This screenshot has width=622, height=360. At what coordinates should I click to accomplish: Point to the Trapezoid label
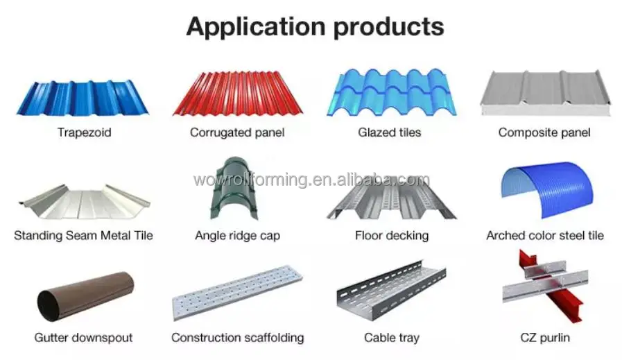[x=84, y=132]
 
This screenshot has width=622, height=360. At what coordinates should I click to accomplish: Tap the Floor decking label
[x=391, y=235]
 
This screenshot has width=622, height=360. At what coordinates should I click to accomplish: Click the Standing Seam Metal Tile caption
[x=83, y=235]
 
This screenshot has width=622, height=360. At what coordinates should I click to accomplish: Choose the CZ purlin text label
[x=544, y=338]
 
